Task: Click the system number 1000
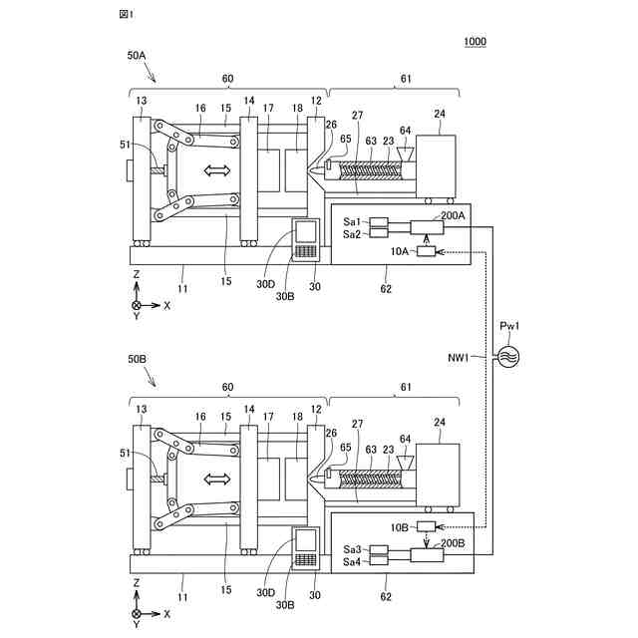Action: (x=475, y=41)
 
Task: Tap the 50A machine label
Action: (x=137, y=56)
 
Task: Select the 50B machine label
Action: (x=137, y=359)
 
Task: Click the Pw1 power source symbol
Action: (x=508, y=357)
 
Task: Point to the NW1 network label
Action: (x=459, y=358)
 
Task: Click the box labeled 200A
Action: (x=427, y=227)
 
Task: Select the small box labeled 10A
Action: (x=426, y=251)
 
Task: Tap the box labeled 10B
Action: (x=426, y=527)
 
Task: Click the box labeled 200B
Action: (x=427, y=555)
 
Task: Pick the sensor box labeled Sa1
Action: (x=379, y=222)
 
